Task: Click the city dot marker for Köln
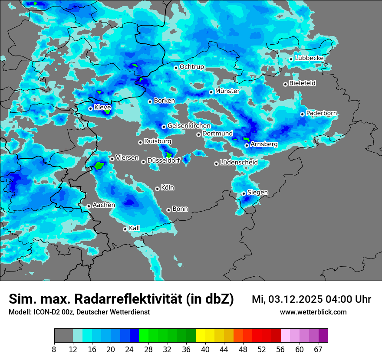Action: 157,189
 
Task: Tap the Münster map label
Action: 227,91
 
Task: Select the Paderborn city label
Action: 321,113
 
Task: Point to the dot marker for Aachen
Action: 89,206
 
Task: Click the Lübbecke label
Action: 309,58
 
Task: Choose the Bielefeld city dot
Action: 285,84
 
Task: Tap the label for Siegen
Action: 257,192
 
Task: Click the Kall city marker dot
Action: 125,229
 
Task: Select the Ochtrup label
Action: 191,67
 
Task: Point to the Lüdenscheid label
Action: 239,163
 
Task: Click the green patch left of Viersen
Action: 100,165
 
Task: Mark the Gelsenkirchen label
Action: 189,126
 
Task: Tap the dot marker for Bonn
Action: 168,210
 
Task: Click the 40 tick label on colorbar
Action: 205,349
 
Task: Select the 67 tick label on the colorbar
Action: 318,349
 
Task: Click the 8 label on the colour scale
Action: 54,349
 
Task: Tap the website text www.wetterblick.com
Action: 313,312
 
